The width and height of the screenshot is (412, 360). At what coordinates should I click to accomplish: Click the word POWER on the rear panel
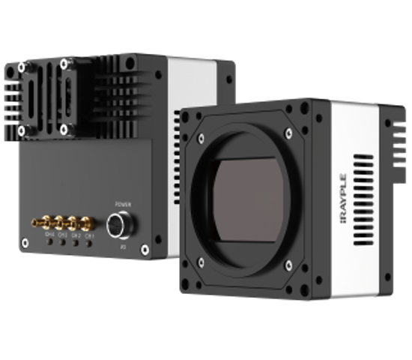click(x=121, y=204)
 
